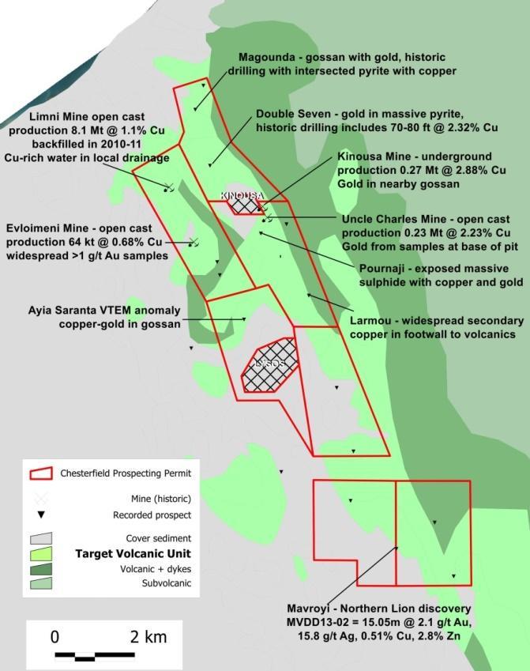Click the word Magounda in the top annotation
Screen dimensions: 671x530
point(265,57)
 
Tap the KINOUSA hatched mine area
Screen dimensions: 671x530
point(243,204)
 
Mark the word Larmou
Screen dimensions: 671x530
point(371,321)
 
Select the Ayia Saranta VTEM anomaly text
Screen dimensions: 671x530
point(103,310)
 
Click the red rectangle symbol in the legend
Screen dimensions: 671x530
point(41,473)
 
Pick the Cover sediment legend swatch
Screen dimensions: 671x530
point(41,538)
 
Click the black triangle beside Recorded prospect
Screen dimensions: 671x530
point(41,515)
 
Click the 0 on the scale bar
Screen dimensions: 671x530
point(55,637)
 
